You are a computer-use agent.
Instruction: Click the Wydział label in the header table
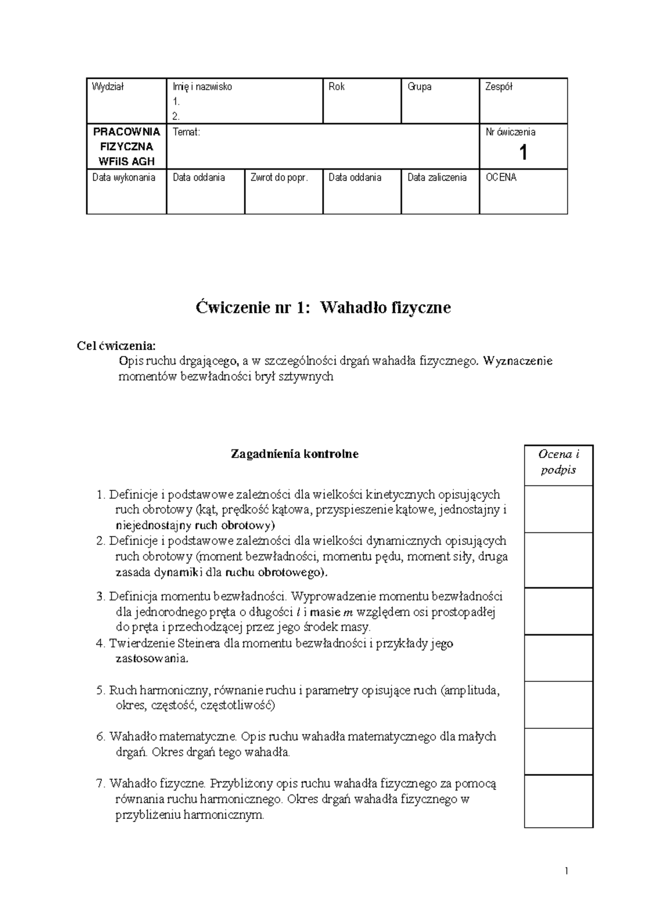pos(108,87)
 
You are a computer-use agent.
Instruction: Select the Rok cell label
pos(336,87)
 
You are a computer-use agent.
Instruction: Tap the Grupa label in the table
pos(419,87)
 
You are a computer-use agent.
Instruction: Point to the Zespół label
pos(499,87)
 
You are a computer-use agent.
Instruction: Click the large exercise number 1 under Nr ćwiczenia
pos(522,153)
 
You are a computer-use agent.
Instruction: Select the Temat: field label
pos(186,132)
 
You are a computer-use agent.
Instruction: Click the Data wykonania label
pos(123,177)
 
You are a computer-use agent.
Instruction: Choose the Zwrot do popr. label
pos(279,177)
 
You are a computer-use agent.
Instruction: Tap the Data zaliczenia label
pos(437,177)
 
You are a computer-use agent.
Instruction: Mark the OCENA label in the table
pos(501,177)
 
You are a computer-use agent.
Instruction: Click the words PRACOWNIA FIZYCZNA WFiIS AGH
pos(127,146)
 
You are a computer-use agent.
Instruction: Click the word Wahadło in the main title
pos(349,308)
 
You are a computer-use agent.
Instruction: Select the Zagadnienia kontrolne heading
pos(294,454)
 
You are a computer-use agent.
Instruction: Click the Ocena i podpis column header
pos(558,462)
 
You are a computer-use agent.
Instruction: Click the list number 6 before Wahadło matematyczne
pos(100,736)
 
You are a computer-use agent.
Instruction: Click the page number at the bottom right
pos(567,871)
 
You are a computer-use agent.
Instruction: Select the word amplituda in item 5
pos(473,690)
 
